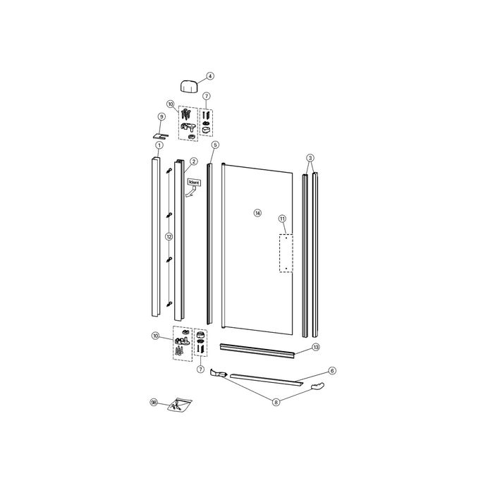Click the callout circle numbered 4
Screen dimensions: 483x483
click(x=210, y=76)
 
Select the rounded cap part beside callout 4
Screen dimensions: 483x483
click(x=189, y=86)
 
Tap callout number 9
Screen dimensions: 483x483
click(x=161, y=116)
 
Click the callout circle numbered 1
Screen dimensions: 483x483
click(x=159, y=145)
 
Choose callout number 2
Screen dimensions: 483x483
click(x=193, y=161)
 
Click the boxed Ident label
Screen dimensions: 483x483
click(x=194, y=183)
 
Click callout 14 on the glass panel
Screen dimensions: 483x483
click(x=257, y=212)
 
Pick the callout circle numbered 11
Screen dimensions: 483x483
click(x=282, y=219)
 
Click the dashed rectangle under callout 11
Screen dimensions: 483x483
click(x=286, y=253)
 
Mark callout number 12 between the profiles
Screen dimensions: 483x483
click(x=169, y=237)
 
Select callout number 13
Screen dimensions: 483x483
click(x=316, y=347)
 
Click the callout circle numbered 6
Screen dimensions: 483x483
click(x=332, y=370)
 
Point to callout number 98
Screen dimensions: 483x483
click(x=154, y=403)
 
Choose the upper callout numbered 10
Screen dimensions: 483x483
click(x=171, y=104)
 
